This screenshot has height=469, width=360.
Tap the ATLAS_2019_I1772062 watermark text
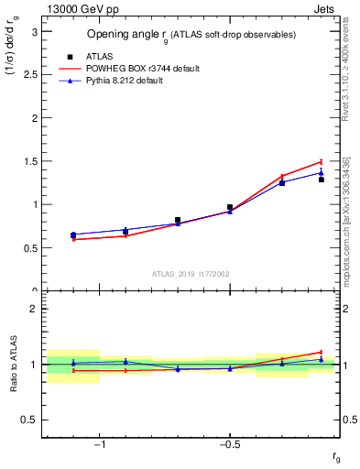click(x=191, y=274)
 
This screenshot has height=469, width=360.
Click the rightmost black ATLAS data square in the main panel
click(x=322, y=180)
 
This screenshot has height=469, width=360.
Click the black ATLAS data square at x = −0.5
click(x=230, y=207)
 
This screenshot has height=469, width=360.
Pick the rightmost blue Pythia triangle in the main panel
click(x=322, y=172)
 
